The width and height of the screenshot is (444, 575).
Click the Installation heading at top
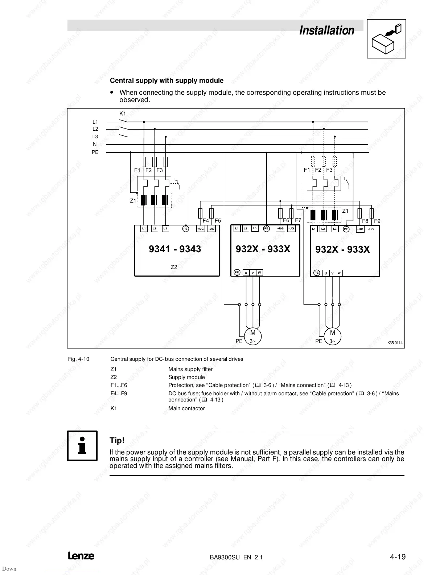[326, 30]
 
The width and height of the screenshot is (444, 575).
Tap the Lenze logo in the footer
[81, 556]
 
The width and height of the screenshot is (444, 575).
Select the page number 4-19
[398, 556]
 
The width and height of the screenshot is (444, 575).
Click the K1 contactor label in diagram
[123, 114]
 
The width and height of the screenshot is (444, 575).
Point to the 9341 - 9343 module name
[175, 249]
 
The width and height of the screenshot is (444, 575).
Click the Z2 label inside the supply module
[174, 267]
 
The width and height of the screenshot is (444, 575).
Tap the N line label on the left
[95, 144]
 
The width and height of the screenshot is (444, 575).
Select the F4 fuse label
[206, 221]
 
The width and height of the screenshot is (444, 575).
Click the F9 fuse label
[377, 221]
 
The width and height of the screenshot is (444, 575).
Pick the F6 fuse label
[286, 220]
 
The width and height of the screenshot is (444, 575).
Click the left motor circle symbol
[253, 336]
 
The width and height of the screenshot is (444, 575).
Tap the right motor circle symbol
[332, 336]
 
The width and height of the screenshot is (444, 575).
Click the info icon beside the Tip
[82, 446]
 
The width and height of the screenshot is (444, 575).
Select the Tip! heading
[117, 441]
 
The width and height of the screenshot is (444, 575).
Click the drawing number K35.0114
[395, 343]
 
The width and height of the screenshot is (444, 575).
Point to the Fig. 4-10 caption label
[79, 359]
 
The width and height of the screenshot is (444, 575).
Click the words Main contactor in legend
[186, 408]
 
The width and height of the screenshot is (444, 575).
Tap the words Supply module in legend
[186, 377]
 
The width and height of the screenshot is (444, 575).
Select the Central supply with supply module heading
[166, 81]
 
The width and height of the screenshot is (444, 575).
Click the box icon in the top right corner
[386, 39]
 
